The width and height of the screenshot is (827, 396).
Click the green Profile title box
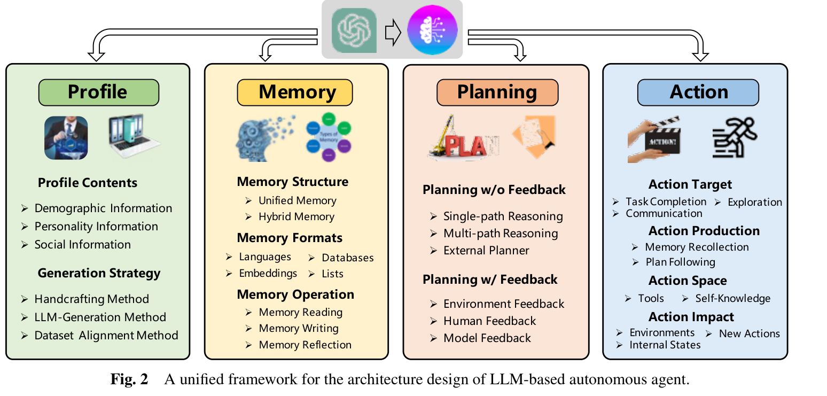[x=99, y=92]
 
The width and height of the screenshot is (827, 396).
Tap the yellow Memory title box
[x=294, y=92]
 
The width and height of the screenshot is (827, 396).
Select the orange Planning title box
[x=497, y=92]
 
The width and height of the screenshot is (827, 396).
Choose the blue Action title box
[x=698, y=92]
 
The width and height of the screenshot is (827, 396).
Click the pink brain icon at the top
[x=432, y=30]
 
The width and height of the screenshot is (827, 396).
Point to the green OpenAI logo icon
[x=354, y=30]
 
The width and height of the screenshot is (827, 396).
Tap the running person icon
[x=735, y=137]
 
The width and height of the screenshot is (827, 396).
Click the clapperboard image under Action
[x=654, y=139]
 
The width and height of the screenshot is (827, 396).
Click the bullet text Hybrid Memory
[x=297, y=216]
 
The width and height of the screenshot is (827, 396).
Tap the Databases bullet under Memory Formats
[x=348, y=258]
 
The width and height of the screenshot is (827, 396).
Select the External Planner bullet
[x=486, y=251]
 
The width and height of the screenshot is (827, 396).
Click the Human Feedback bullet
[x=489, y=321]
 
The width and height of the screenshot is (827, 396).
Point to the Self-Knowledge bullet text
[x=733, y=298]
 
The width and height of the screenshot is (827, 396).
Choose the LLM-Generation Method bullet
[x=100, y=317]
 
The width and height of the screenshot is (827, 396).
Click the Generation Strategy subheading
[x=99, y=274]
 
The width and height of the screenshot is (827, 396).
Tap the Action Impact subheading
[x=691, y=317]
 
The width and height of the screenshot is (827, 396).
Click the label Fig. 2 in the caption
[x=129, y=379]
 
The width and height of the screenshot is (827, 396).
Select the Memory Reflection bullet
[x=305, y=345]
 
